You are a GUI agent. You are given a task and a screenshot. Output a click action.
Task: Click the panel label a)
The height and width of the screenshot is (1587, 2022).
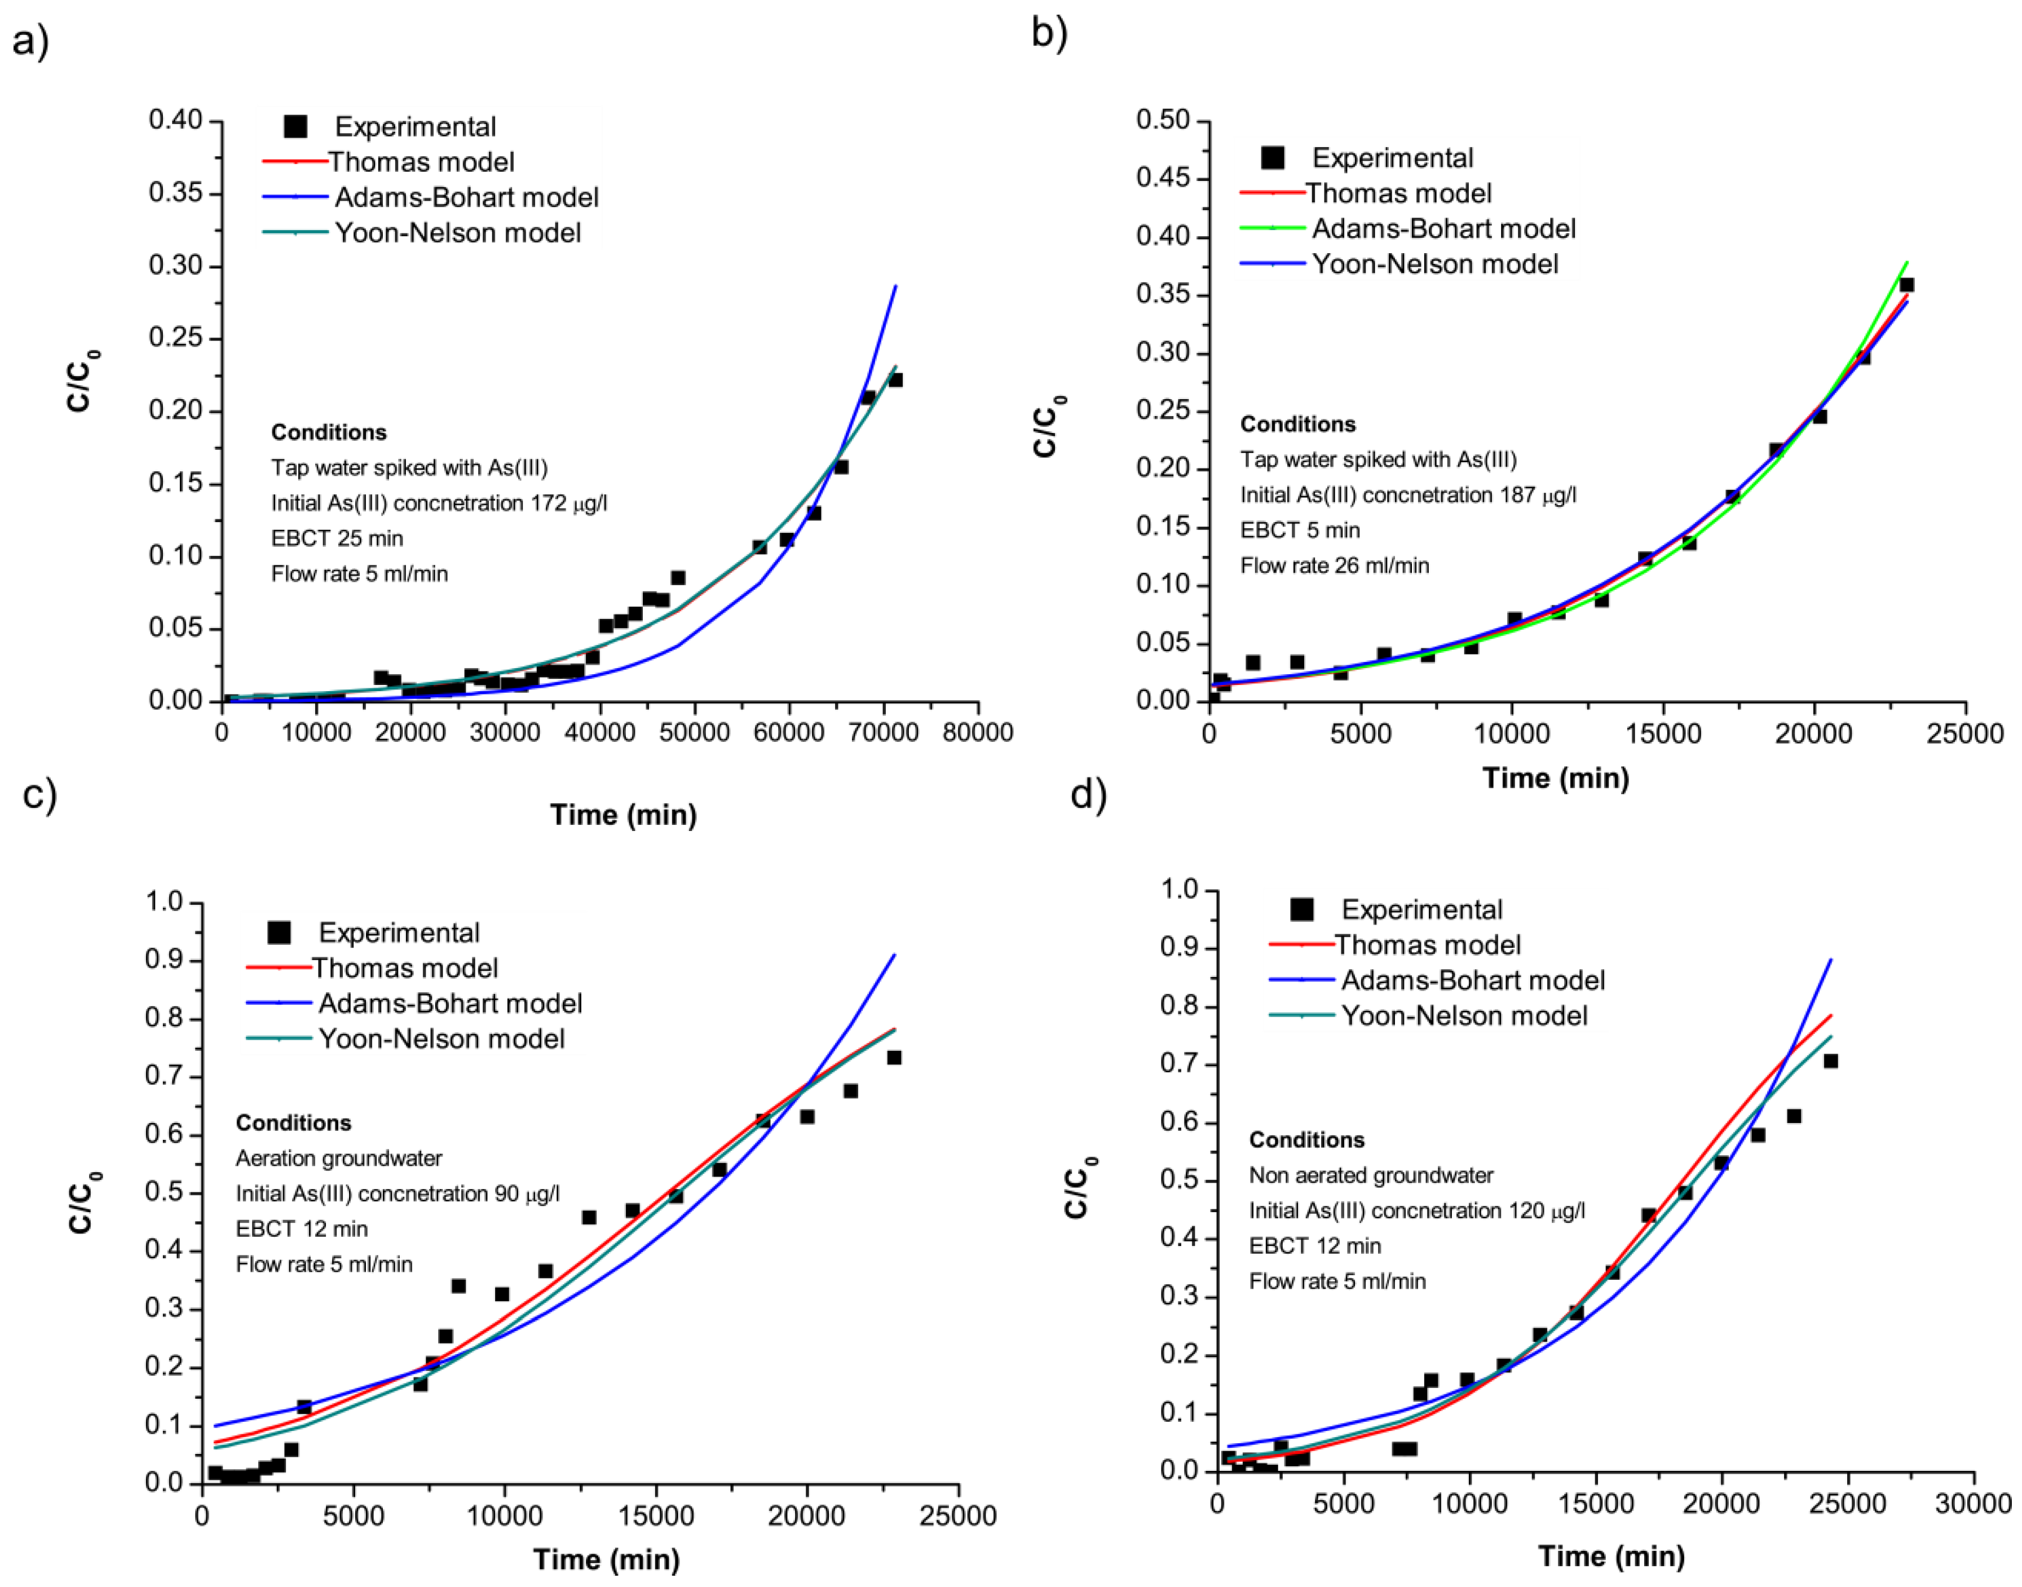click(x=30, y=42)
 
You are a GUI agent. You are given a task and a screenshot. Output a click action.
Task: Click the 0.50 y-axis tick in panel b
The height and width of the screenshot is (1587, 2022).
click(x=1163, y=120)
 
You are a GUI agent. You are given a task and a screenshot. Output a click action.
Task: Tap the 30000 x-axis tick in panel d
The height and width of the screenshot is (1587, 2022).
click(x=1972, y=1502)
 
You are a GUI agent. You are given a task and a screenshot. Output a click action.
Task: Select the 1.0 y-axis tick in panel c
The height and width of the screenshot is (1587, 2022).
click(x=164, y=901)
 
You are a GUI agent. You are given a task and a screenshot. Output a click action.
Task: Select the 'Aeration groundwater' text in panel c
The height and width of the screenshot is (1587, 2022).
click(x=338, y=1158)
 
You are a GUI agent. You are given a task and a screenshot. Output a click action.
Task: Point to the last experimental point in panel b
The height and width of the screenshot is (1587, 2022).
click(x=1906, y=285)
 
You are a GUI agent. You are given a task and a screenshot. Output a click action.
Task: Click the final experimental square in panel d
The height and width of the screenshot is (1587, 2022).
click(x=1831, y=1060)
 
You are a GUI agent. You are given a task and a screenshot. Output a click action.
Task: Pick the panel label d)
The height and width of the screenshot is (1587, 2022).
click(x=1088, y=795)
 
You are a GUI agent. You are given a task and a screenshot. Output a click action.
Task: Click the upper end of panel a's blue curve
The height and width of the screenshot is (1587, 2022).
click(x=895, y=287)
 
